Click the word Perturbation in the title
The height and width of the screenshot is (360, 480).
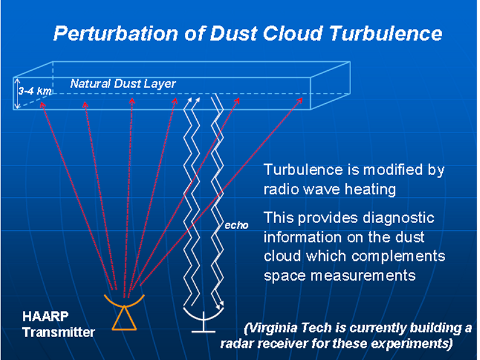[x=116, y=33]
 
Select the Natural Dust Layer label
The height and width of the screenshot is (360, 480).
[x=123, y=83]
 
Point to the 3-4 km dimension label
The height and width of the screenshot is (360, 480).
[x=35, y=91]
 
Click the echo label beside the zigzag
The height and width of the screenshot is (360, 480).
[x=236, y=226]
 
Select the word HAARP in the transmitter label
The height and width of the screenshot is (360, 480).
[x=46, y=316]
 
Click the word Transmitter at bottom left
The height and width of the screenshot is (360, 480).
[x=58, y=332]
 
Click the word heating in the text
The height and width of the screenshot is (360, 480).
[x=370, y=190]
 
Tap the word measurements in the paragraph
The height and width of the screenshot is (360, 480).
[x=363, y=276]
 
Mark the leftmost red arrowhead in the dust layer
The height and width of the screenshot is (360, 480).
[x=43, y=104]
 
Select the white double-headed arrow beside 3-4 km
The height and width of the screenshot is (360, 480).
[x=18, y=94]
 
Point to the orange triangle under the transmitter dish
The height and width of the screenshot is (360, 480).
[x=124, y=319]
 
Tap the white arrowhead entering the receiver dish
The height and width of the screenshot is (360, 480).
[x=220, y=305]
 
